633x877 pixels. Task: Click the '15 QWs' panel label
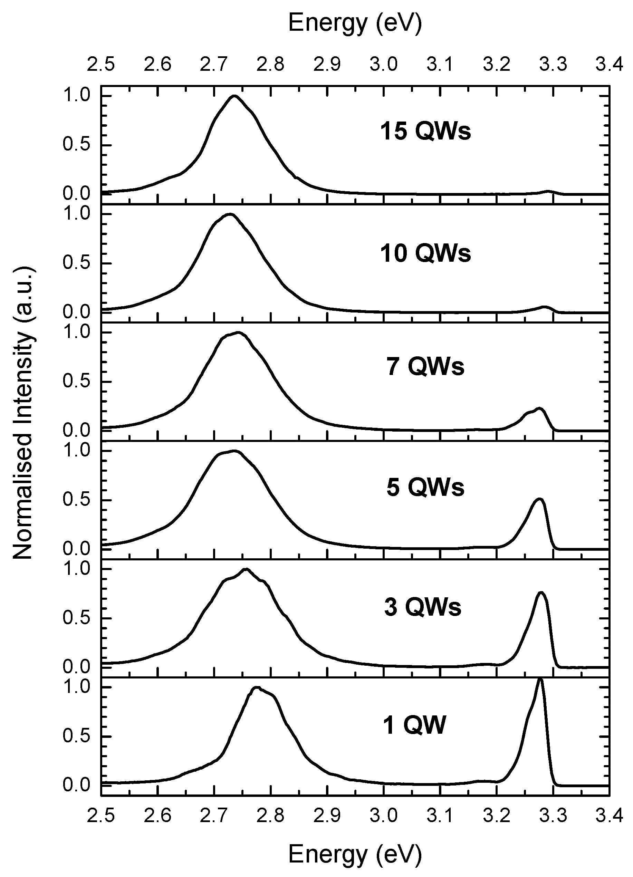click(425, 132)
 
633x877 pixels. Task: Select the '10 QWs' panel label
click(425, 254)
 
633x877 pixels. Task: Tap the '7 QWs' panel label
click(425, 367)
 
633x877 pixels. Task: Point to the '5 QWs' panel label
click(425, 487)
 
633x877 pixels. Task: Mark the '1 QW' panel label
click(414, 725)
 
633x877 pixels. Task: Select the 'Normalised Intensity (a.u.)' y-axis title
click(24, 413)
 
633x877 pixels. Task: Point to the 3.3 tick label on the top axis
click(553, 64)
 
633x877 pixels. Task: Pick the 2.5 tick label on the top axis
click(100, 64)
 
